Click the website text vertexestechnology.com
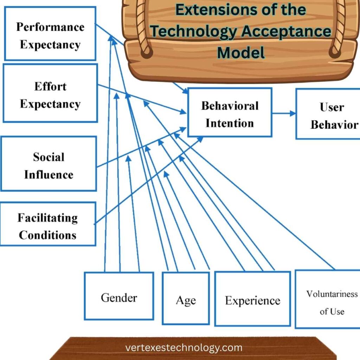coord(184,348)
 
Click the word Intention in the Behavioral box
coord(230,123)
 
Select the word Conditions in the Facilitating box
coord(47,234)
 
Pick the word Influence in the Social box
coord(49,174)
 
